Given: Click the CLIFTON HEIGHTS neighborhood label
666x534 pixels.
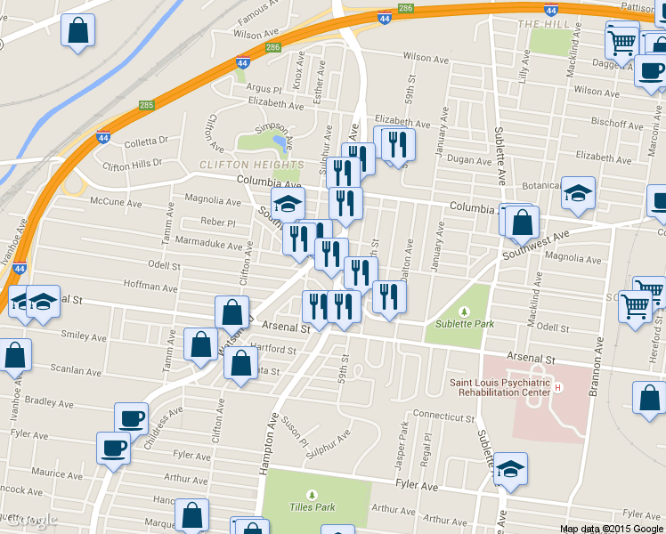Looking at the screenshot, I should pos(252,165).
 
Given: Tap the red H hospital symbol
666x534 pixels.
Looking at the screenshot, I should pos(558,387).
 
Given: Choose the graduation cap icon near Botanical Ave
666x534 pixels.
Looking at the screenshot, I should pos(578,194).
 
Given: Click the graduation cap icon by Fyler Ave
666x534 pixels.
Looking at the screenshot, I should pos(510,469).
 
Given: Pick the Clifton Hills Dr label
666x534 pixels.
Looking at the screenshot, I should pos(134,164).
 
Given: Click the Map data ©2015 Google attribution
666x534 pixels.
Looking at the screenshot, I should pos(611,529).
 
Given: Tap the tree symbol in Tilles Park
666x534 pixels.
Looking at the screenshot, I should pos(312,494).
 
